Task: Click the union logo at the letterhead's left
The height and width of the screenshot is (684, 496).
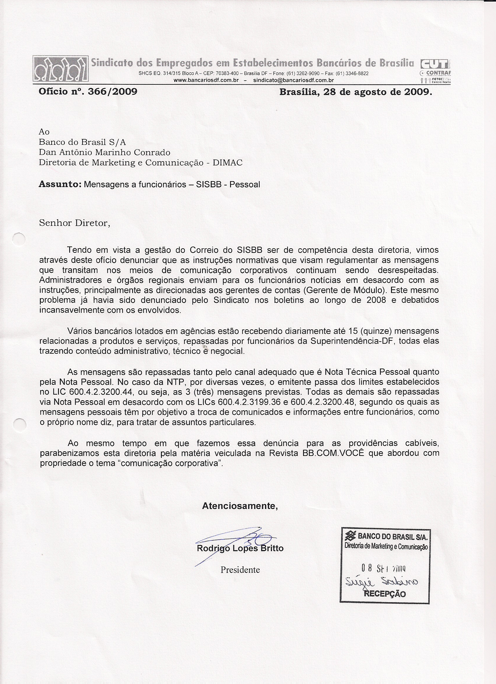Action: click(61, 69)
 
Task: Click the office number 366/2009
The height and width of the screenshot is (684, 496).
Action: click(112, 91)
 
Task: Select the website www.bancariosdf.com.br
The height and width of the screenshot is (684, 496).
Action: click(206, 80)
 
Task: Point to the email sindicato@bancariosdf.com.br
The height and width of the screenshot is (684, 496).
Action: click(293, 80)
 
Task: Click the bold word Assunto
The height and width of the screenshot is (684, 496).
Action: click(60, 184)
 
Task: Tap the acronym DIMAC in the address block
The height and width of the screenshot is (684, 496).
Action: click(227, 162)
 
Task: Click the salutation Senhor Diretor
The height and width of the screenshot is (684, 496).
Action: click(74, 223)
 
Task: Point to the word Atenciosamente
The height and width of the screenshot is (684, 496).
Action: click(240, 506)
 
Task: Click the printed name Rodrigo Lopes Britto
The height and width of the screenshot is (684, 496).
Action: click(240, 548)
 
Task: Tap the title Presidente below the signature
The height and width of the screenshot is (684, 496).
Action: click(240, 570)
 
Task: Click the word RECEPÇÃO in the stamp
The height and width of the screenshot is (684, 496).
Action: click(385, 594)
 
